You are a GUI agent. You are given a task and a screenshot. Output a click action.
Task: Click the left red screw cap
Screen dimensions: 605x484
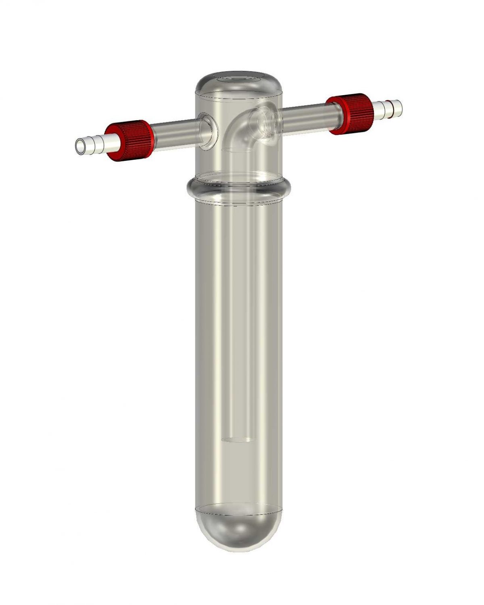click(x=129, y=140)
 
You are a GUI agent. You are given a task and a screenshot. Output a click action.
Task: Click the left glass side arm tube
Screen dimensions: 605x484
click(x=175, y=131)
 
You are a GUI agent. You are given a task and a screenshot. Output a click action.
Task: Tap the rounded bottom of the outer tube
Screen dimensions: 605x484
click(x=239, y=532)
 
